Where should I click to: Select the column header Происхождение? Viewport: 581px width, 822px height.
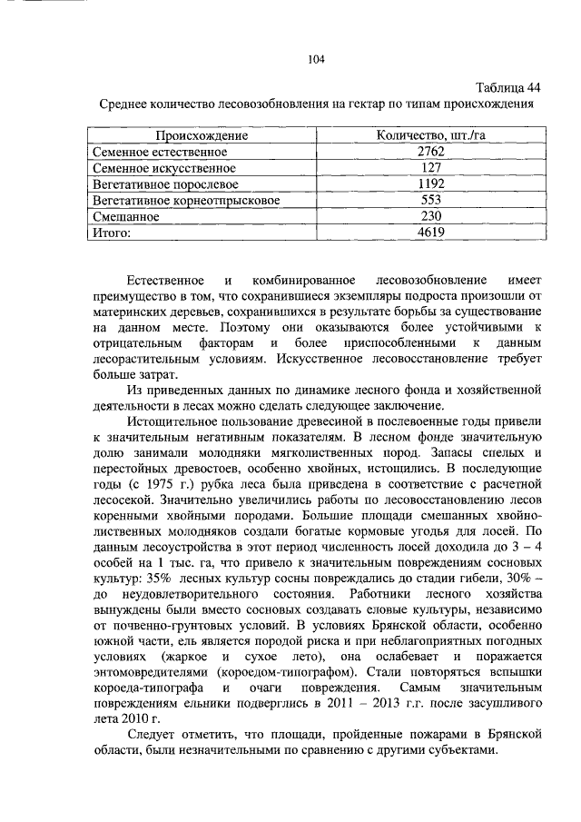200,135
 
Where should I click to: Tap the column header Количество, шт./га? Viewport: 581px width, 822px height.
431,135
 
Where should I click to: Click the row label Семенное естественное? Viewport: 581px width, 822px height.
160,152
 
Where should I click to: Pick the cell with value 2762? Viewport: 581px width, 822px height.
431,152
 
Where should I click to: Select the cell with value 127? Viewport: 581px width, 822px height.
431,168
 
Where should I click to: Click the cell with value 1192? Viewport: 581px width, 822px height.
431,184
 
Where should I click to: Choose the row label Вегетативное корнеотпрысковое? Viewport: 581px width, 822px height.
187,201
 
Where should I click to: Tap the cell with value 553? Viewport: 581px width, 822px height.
431,201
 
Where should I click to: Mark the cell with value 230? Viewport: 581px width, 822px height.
431,217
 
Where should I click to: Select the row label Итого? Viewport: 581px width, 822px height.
113,233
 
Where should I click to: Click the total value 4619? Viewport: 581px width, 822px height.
431,233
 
